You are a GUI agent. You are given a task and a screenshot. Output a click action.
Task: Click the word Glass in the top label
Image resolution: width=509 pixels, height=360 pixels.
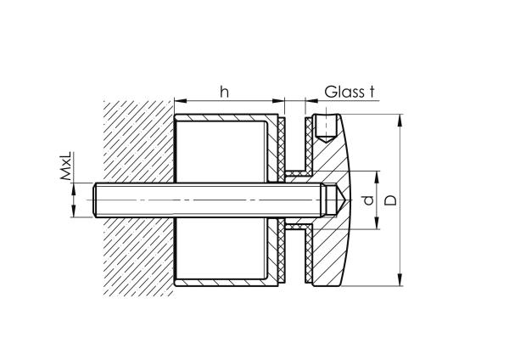coord(344,92)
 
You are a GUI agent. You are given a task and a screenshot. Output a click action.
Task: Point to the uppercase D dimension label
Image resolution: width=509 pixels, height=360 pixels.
coord(389,200)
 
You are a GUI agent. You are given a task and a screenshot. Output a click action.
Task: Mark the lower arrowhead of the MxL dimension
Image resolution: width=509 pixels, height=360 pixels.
coord(74,212)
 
